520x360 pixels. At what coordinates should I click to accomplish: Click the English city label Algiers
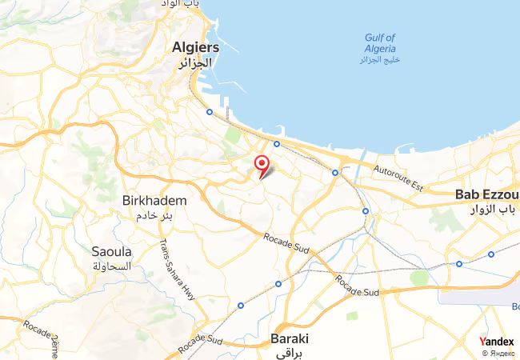(x=195, y=47)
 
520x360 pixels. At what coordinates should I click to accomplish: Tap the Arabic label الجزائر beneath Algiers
(x=195, y=62)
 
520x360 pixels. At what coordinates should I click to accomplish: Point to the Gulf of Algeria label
(x=379, y=42)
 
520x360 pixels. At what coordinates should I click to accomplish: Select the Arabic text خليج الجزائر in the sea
(x=379, y=60)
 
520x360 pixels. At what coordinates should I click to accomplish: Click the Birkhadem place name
(x=155, y=200)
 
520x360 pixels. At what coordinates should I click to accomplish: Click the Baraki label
(x=290, y=338)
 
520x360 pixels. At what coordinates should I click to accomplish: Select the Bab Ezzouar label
(x=486, y=194)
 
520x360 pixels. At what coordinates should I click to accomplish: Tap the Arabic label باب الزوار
(x=488, y=210)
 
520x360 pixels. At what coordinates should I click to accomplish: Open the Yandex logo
(x=497, y=342)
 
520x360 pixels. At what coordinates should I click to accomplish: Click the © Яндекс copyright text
(x=498, y=353)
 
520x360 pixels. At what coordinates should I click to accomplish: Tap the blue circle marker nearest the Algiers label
(x=210, y=113)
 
